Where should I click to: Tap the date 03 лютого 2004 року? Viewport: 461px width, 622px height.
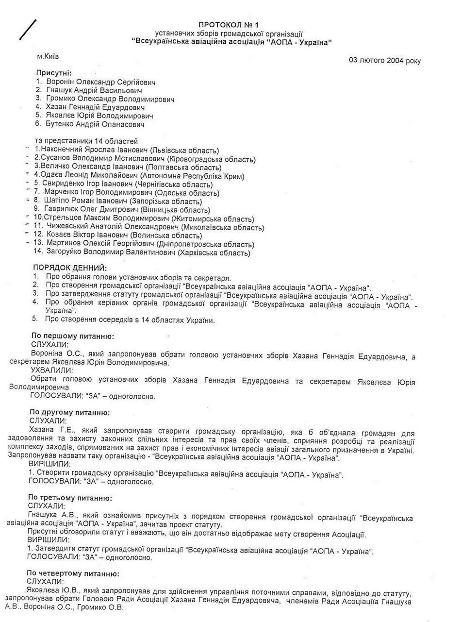pyautogui.click(x=385, y=61)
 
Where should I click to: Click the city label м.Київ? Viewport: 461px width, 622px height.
pyautogui.click(x=48, y=56)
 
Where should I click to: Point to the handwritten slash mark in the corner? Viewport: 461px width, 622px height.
pyautogui.click(x=28, y=30)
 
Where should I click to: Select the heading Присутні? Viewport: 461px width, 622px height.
pyautogui.click(x=54, y=72)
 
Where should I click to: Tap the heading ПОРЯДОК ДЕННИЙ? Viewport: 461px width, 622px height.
pyautogui.click(x=70, y=268)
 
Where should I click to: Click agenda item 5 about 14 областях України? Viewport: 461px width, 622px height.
pyautogui.click(x=130, y=319)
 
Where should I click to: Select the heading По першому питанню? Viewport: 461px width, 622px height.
pyautogui.click(x=73, y=336)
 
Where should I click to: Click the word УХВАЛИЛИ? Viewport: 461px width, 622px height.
pyautogui.click(x=51, y=370)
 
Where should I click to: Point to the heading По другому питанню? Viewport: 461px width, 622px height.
pyautogui.click(x=70, y=412)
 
